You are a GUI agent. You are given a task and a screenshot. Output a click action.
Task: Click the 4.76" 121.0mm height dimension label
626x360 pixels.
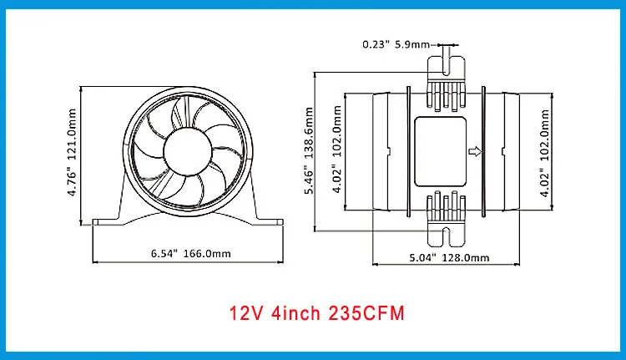click(72, 152)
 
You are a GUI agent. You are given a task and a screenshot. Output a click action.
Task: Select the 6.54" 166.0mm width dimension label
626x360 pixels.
click(191, 253)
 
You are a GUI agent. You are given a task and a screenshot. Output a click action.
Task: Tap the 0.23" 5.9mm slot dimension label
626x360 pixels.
click(396, 44)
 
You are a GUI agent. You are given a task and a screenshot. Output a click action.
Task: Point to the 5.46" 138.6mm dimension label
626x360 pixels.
click(309, 150)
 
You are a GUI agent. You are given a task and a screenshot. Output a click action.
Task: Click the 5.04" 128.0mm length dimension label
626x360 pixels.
click(450, 258)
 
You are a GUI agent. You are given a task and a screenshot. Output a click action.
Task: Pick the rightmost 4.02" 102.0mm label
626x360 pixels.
click(544, 153)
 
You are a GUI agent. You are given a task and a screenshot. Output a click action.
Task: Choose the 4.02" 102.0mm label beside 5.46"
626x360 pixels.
click(337, 149)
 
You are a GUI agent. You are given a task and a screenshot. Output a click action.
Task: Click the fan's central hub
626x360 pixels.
click(188, 152)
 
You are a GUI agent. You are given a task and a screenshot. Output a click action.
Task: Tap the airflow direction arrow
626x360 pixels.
click(475, 151)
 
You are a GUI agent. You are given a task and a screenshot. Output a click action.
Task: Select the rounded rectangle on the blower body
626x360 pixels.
click(441, 152)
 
